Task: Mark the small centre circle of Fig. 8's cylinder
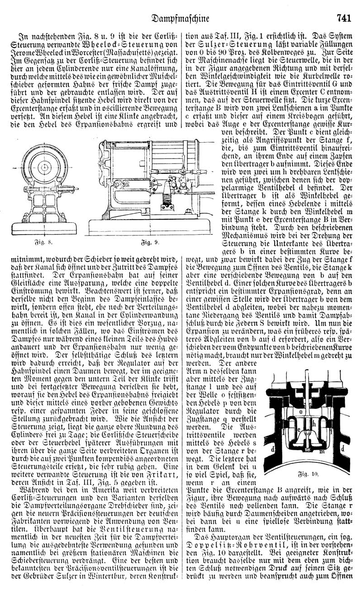coord(47,168)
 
